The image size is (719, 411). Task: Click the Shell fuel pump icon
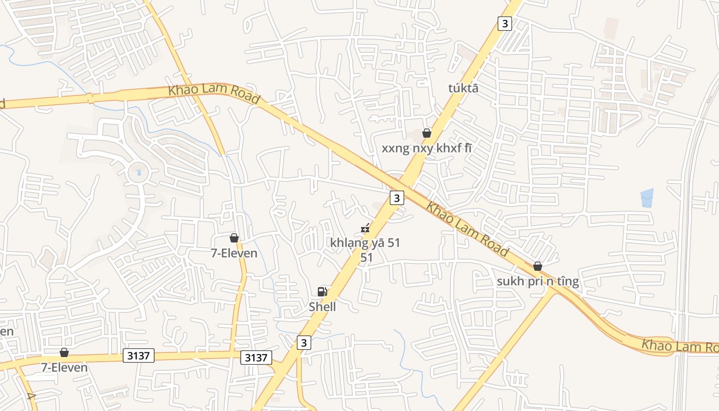pos(323,292)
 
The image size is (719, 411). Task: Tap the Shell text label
pos(323,307)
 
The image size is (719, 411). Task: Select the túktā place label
pos(463,88)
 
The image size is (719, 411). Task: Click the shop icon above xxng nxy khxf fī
pos(427,133)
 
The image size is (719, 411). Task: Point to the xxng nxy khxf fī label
pos(427,148)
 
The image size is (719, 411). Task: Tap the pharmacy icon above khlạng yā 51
pos(365,228)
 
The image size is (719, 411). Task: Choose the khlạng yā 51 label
pos(366,243)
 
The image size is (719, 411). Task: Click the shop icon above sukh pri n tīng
pos(538,266)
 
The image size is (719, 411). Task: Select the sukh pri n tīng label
pos(538,282)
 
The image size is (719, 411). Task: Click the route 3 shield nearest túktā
pos(505,23)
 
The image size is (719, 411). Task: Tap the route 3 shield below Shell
pos(304,343)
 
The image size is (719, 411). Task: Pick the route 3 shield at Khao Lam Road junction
pos(396,197)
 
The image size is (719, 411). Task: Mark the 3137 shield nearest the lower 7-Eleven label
pos(139,355)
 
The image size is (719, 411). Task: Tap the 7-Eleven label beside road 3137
pos(64,368)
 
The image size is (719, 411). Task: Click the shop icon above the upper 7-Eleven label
pos(234,238)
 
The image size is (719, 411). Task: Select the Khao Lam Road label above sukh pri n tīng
pos(467,229)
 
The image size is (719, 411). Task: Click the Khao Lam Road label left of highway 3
pos(214,95)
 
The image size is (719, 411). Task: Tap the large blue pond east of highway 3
pos(647,198)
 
